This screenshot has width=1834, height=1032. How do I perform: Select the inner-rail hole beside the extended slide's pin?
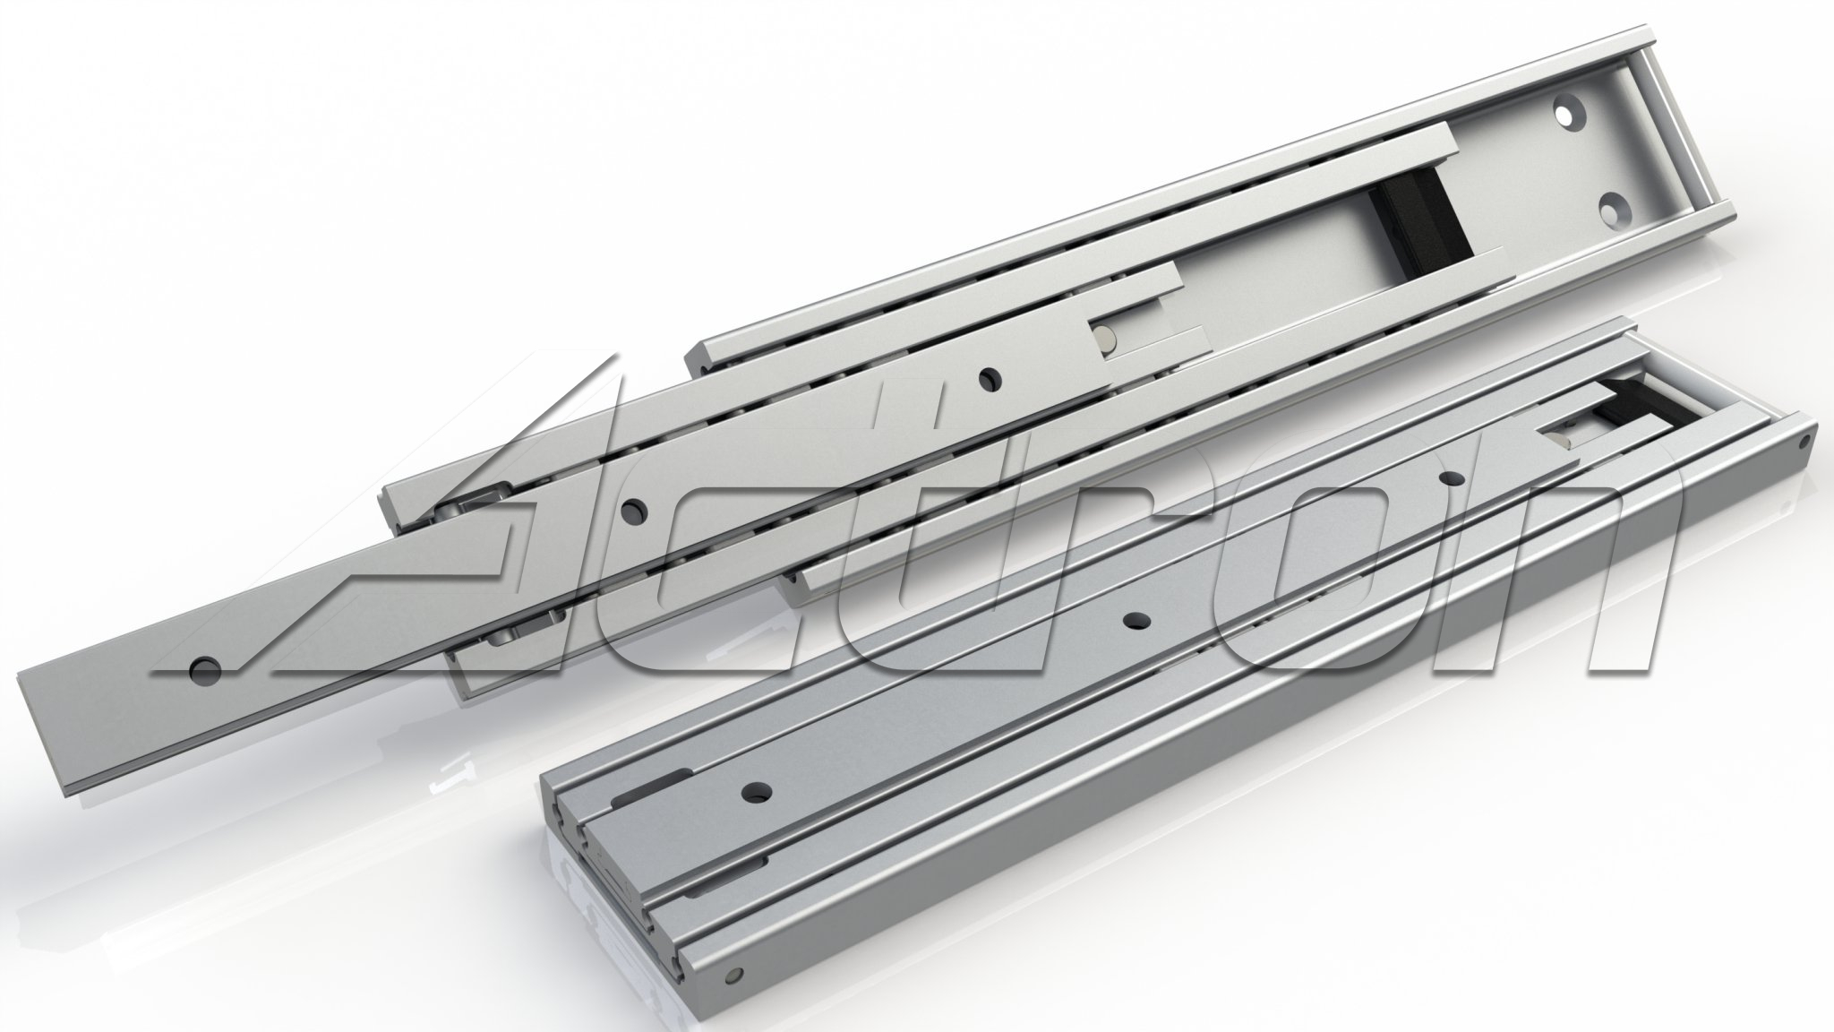(x=989, y=378)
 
